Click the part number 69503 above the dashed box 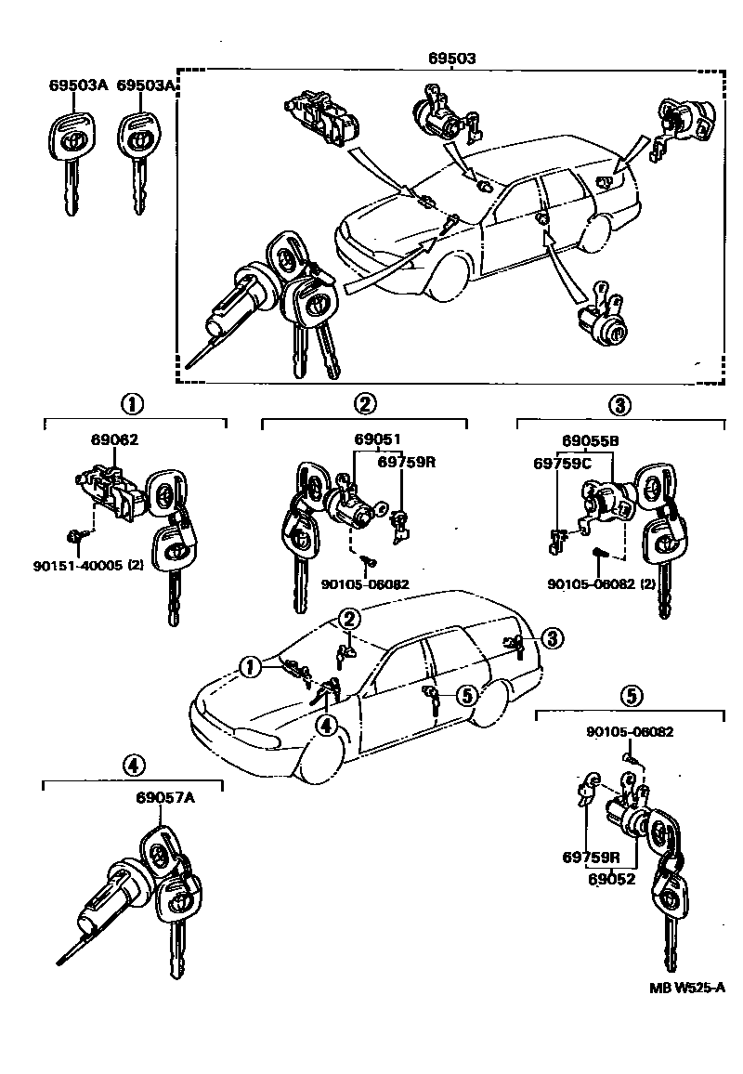click(x=452, y=58)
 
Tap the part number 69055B click(x=590, y=441)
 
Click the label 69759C click(x=557, y=462)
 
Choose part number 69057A click(x=165, y=798)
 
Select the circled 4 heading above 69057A click(x=134, y=765)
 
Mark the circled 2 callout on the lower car click(x=348, y=618)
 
